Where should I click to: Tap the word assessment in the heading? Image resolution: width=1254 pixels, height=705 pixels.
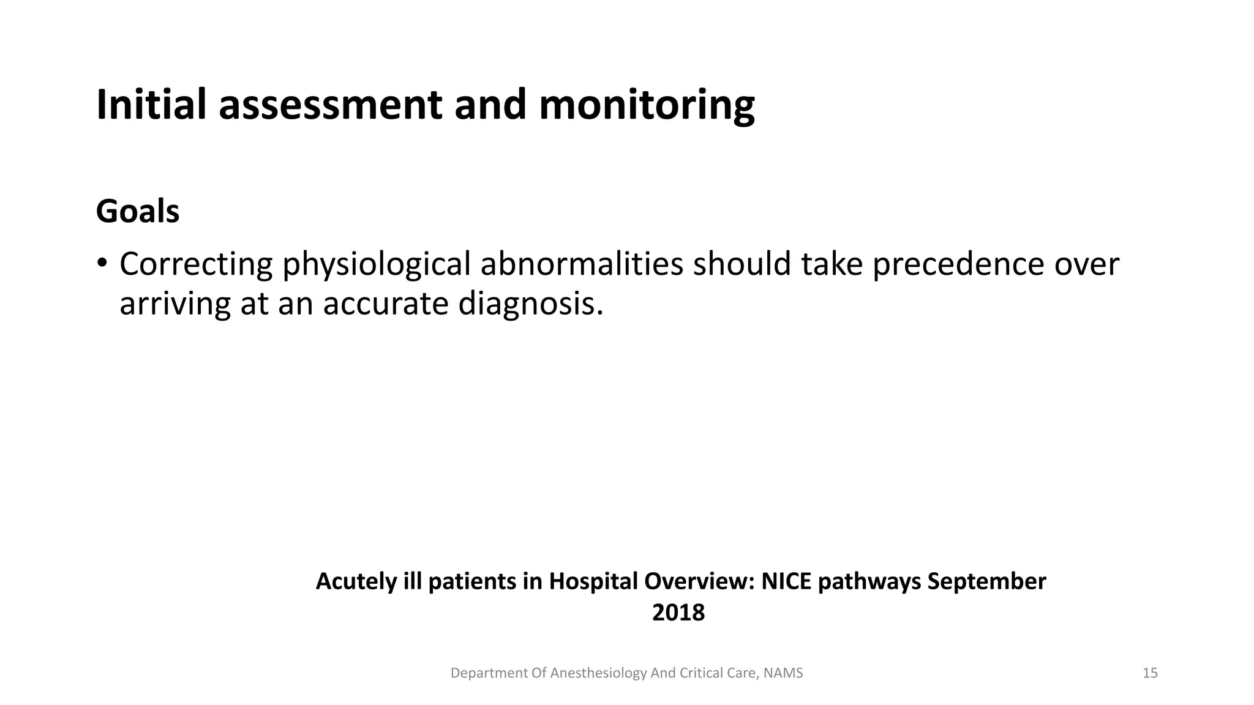(330, 105)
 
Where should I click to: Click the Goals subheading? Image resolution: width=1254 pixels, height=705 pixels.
(138, 212)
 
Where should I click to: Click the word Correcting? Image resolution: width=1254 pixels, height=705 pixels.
(196, 264)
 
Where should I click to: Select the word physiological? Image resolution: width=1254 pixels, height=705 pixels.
(377, 264)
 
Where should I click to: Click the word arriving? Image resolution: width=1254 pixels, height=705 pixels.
(175, 304)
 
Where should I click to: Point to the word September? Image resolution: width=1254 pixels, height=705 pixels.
(987, 581)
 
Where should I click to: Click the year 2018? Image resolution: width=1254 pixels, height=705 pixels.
(678, 613)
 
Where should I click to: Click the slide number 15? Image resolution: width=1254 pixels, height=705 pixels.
(1150, 673)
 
